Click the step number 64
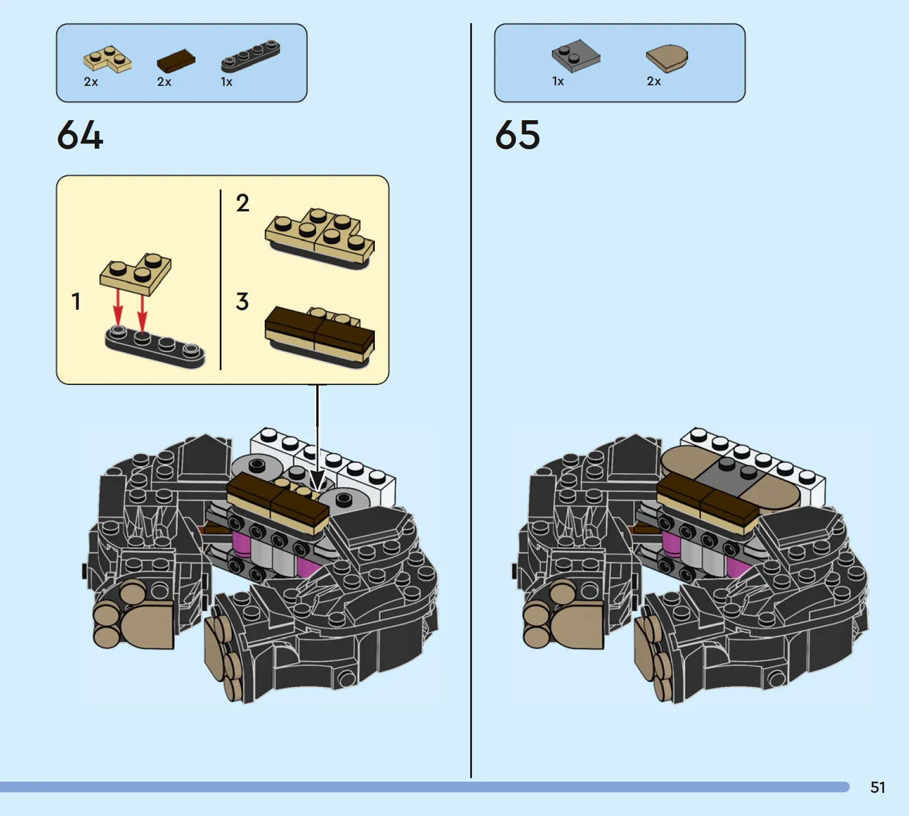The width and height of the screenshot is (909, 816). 80,134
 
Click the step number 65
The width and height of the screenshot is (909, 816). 518,134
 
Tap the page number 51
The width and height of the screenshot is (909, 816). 878,788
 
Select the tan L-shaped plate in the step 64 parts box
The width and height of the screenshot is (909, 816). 107,60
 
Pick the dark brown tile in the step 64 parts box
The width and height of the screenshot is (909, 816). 176,61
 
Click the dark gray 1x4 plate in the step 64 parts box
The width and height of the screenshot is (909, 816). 251,56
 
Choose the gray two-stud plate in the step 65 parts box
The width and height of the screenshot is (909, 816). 576,55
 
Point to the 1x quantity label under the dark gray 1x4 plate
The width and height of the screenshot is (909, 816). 227,82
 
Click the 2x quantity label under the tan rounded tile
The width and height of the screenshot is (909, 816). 654,81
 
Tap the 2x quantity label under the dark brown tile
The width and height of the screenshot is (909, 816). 164,82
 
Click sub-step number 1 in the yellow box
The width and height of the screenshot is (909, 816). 76,301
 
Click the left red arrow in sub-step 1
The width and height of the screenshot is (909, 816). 118,308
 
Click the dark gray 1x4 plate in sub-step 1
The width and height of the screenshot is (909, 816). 155,347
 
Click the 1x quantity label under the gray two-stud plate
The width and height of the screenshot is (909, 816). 558,81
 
